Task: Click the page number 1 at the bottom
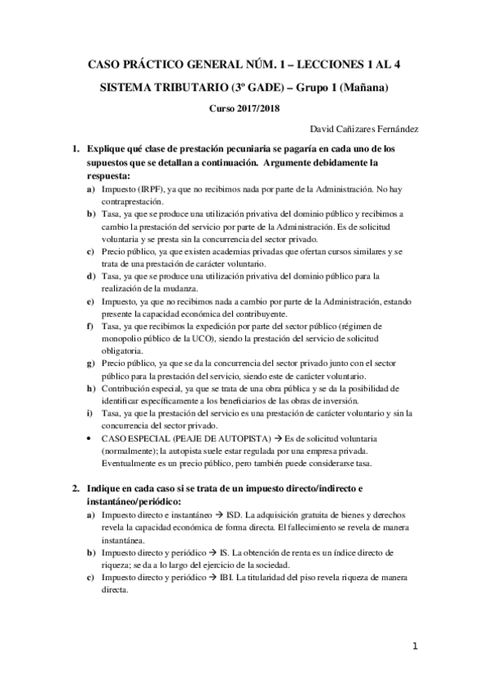pyautogui.click(x=414, y=647)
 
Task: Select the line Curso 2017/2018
pyautogui.click(x=244, y=108)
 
